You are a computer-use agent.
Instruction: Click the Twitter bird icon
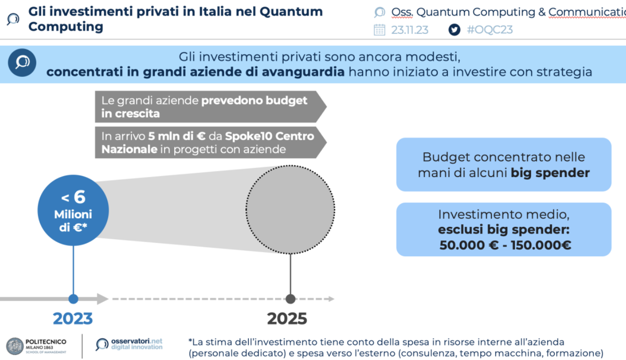point(455,30)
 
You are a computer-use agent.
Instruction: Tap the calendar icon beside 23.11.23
point(379,30)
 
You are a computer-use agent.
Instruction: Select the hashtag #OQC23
point(490,30)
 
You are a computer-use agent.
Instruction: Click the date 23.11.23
point(410,30)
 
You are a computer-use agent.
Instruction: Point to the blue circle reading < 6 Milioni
point(73,210)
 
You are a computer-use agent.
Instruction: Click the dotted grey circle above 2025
point(290,209)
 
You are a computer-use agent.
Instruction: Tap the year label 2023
point(73,318)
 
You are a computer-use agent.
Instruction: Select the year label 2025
point(287,318)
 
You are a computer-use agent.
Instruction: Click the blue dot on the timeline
point(73,299)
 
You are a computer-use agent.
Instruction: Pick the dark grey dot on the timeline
point(291,299)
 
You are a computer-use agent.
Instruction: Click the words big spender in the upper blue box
point(550,173)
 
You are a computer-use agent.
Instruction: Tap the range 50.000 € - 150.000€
point(505,245)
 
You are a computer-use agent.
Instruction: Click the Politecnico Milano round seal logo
point(15,346)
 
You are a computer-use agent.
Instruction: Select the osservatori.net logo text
point(136,344)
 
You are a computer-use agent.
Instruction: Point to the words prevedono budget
point(254,100)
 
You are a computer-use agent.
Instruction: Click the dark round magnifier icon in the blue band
point(22,63)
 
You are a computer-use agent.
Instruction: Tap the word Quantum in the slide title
point(291,12)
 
